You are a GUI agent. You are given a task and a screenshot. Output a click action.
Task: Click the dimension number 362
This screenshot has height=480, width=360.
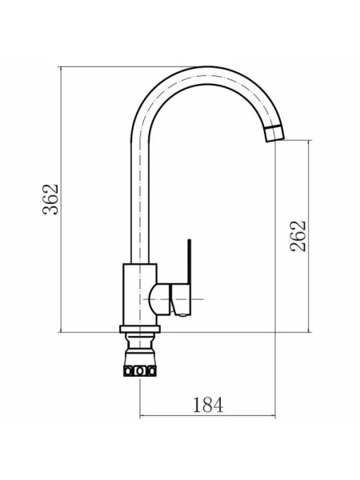coord(50,199)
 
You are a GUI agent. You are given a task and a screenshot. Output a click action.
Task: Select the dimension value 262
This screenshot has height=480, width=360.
coord(298,236)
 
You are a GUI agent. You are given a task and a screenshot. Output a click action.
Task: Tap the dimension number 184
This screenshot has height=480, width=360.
coord(208,404)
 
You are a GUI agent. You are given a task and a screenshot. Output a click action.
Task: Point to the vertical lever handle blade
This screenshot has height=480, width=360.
coord(189,262)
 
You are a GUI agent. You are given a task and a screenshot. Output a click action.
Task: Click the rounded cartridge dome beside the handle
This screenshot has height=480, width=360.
coord(158,299)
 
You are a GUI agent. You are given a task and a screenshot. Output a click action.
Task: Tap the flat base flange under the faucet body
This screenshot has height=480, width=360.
coord(140,329)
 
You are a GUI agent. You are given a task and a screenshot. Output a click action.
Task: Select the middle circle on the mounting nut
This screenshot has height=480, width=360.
coord(140,371)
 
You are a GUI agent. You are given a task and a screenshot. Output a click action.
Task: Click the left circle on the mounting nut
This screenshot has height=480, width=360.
coord(129,371)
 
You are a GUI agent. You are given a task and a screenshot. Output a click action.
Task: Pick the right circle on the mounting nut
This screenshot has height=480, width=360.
coord(151,371)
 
